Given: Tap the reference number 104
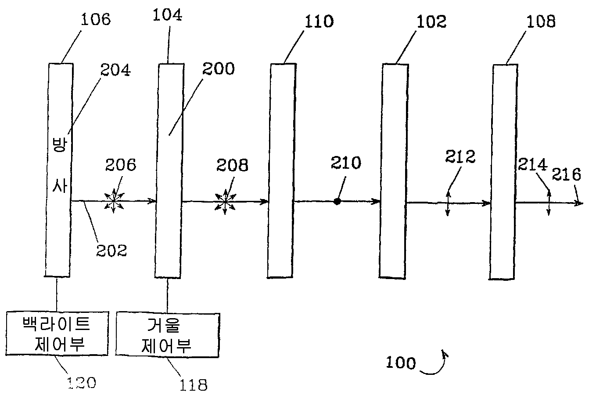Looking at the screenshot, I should click(x=167, y=15).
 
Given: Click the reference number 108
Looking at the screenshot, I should click(x=540, y=22).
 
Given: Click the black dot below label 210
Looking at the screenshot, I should click(x=337, y=201).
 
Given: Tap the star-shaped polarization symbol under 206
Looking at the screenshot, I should click(x=113, y=201).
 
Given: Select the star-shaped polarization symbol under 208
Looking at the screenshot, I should click(x=225, y=202).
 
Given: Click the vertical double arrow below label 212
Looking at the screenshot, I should click(x=447, y=203).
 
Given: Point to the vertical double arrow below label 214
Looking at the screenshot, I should click(x=548, y=202).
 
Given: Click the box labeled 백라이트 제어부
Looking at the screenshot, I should click(x=56, y=334).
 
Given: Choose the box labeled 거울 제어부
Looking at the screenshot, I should click(x=167, y=335).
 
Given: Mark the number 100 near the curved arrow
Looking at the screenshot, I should click(x=400, y=363).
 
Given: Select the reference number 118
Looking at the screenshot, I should click(x=193, y=385).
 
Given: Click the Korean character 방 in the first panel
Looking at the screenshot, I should click(x=58, y=145).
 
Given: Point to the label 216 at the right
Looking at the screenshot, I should click(x=566, y=174).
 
